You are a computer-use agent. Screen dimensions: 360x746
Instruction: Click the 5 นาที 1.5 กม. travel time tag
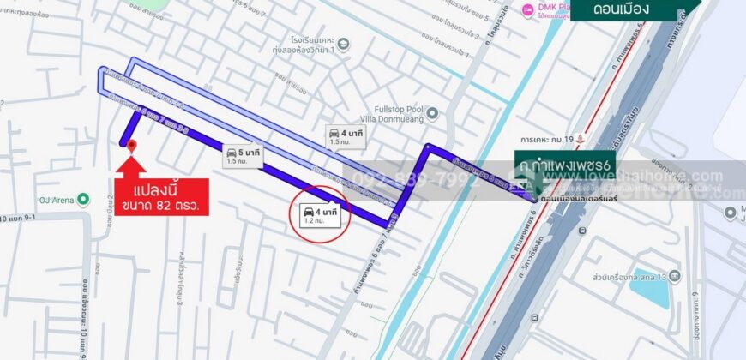243,155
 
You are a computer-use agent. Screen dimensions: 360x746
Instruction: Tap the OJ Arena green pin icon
83,200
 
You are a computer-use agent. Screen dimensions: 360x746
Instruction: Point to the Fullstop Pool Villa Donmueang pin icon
432,112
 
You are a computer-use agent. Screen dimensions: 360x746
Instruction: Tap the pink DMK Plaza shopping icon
527,10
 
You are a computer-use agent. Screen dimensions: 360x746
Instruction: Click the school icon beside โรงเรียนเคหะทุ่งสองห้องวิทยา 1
344,44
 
